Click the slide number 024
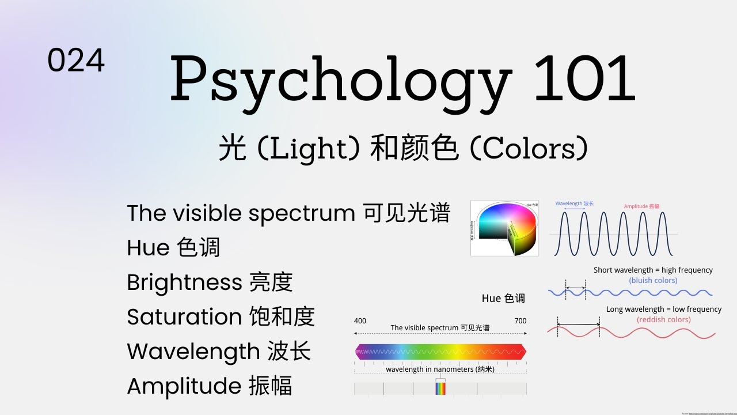click(76, 61)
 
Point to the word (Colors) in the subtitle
click(529, 149)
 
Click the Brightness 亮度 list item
click(210, 282)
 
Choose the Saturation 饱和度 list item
click(221, 317)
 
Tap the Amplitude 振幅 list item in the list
click(209, 386)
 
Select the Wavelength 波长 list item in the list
click(219, 352)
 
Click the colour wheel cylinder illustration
click(505, 228)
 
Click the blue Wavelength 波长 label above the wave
click(574, 203)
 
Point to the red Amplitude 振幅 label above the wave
click(641, 206)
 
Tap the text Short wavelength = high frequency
click(653, 270)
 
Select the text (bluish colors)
click(653, 280)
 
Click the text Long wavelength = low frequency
click(663, 309)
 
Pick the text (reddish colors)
click(663, 319)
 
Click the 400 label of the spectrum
click(360, 321)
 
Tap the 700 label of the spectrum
click(520, 321)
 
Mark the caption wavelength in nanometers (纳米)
click(440, 369)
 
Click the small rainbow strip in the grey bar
click(440, 388)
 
